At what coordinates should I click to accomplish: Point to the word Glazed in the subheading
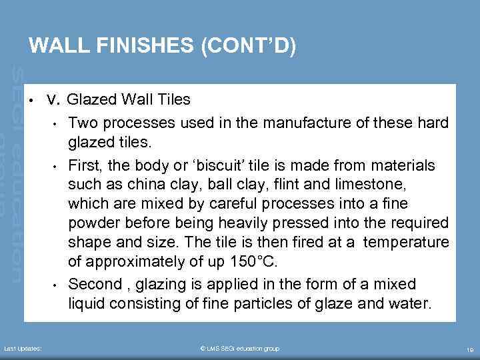tap(93, 100)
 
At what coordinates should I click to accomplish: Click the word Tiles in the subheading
tap(173, 100)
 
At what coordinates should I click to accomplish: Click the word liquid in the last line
tap(87, 304)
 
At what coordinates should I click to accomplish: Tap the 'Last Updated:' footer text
tap(23, 349)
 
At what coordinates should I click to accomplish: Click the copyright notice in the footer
tap(239, 349)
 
